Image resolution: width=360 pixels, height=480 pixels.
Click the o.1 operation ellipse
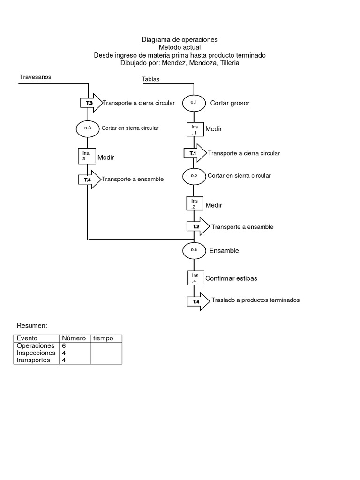[194, 102]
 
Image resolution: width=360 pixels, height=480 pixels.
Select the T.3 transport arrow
[91, 103]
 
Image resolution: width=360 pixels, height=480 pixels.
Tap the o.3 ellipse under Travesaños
[88, 128]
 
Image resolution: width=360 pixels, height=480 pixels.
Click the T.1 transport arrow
[195, 153]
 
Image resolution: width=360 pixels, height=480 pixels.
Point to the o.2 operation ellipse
[194, 176]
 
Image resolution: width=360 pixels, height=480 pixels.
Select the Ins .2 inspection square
[195, 203]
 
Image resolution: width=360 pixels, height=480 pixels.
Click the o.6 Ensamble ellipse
[194, 250]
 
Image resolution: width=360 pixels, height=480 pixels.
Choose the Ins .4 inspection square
[195, 278]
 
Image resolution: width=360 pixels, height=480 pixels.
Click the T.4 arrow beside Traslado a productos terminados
[198, 301]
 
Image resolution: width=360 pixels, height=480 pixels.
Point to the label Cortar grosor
[230, 103]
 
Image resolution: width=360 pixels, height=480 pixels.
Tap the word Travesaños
[35, 77]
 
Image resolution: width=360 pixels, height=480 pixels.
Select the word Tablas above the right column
[150, 79]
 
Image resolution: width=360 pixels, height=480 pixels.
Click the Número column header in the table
[73, 338]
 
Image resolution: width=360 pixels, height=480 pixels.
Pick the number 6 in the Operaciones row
[64, 345]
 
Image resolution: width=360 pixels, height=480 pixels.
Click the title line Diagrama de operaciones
[180, 40]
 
